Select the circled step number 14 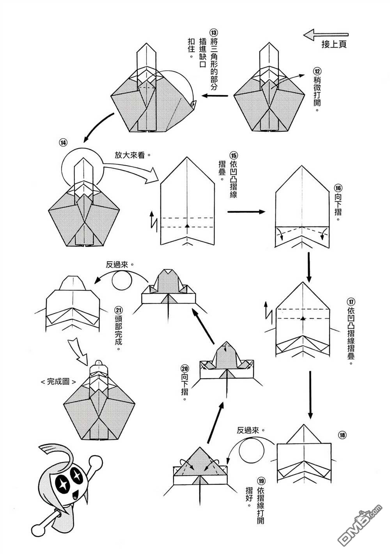tap(63, 143)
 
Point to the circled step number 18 tap(342, 435)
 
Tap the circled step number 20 tap(184, 368)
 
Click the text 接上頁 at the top tap(334, 44)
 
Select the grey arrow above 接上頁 tap(326, 35)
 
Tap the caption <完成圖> tap(58, 382)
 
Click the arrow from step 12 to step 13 tap(215, 95)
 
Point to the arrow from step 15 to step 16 tap(246, 212)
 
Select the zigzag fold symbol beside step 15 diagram tap(153, 220)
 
